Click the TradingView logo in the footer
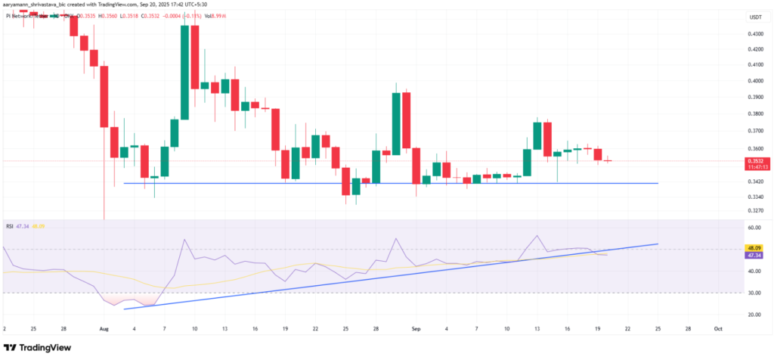[x=38, y=347]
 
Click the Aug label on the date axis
[x=105, y=330]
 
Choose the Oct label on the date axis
[x=717, y=330]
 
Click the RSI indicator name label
[x=11, y=226]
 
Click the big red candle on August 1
[x=104, y=96]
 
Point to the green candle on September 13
[x=537, y=135]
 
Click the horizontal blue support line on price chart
[x=378, y=183]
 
